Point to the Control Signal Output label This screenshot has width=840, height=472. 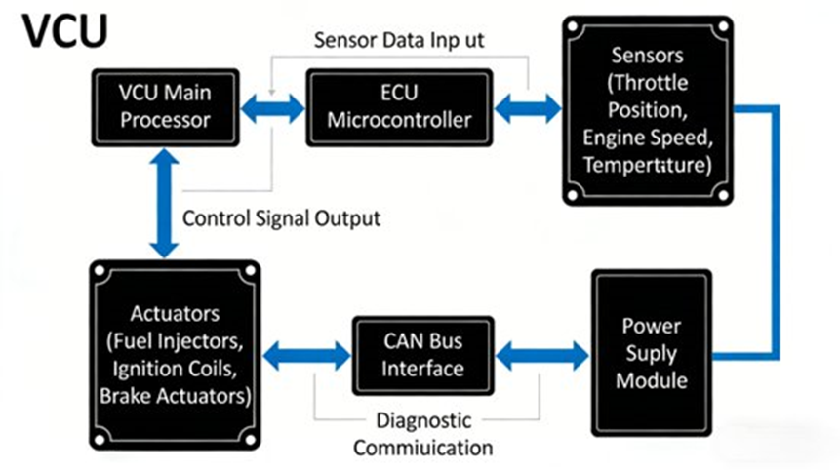(x=282, y=217)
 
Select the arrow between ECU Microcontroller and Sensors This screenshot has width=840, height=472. (x=527, y=108)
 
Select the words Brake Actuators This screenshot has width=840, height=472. (x=175, y=396)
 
